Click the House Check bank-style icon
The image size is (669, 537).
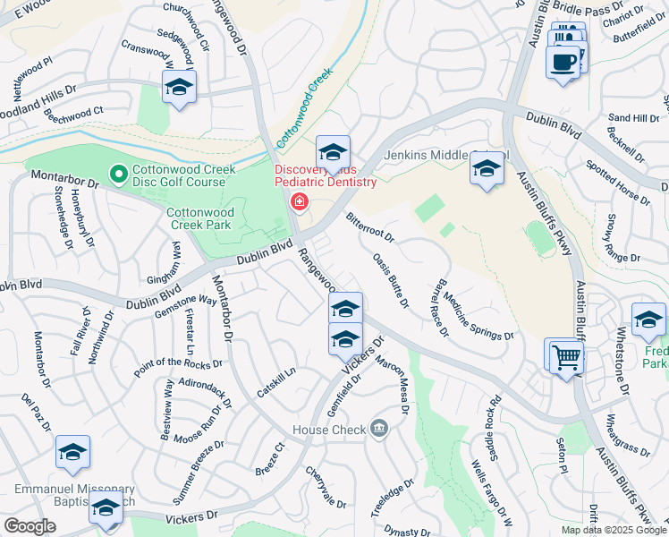pos(378,429)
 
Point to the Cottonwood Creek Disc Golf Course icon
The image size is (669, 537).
pos(117,173)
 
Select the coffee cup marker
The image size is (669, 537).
pos(563,63)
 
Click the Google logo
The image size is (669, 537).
pos(30,526)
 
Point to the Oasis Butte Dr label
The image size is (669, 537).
pos(391,281)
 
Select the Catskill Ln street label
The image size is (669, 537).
pos(275,383)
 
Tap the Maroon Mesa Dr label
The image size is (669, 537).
pos(391,386)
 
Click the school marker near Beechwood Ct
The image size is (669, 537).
pos(179,87)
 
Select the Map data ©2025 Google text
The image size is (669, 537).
pos(613,530)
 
